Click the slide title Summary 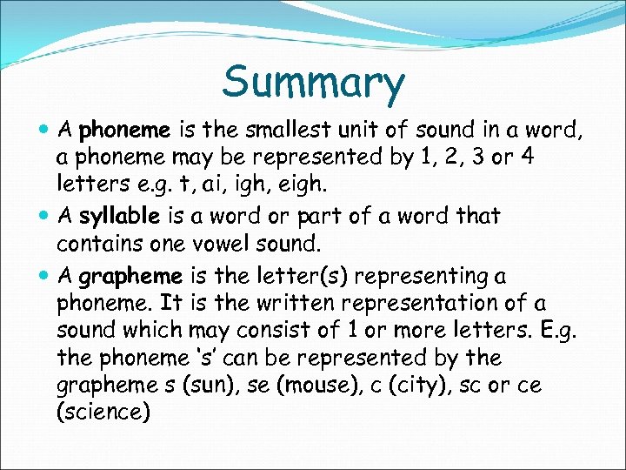(x=313, y=83)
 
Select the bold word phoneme (x=123, y=131)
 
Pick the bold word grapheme (x=130, y=277)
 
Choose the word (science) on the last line (x=103, y=412)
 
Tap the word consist (x=270, y=331)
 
